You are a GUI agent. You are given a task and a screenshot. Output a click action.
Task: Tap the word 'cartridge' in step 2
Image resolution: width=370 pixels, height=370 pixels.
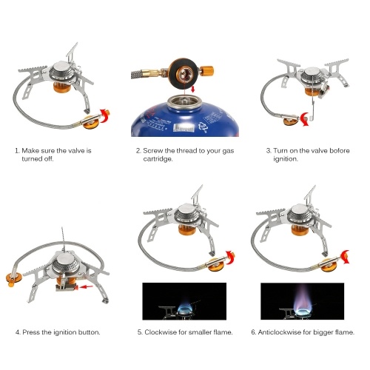(158, 159)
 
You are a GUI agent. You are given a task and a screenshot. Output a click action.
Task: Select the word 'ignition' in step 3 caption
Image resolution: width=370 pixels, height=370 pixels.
(286, 159)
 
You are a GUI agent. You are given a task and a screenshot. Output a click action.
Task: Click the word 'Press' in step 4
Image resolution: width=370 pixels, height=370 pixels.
(31, 332)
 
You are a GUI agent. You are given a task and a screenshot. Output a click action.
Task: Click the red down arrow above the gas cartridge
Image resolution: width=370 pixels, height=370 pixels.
(193, 90)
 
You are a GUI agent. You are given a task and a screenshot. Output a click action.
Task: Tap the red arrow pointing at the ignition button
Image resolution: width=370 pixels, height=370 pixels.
(87, 287)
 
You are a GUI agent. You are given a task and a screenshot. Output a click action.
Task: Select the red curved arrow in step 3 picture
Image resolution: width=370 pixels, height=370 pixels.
(305, 119)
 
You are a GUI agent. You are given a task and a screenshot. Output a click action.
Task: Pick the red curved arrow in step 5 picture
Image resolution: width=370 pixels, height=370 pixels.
(231, 258)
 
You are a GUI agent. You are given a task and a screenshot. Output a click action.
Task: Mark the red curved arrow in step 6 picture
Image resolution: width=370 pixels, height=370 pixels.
(345, 257)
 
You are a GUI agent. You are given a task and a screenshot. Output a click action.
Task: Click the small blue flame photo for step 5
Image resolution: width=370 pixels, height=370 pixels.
(184, 301)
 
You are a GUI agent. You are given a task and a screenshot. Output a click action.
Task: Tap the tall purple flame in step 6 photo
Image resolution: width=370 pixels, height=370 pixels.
(303, 298)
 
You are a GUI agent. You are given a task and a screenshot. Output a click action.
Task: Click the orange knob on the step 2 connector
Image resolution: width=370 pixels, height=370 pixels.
(206, 71)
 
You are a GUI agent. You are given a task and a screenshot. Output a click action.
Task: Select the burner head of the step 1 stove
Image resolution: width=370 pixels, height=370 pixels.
(61, 72)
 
